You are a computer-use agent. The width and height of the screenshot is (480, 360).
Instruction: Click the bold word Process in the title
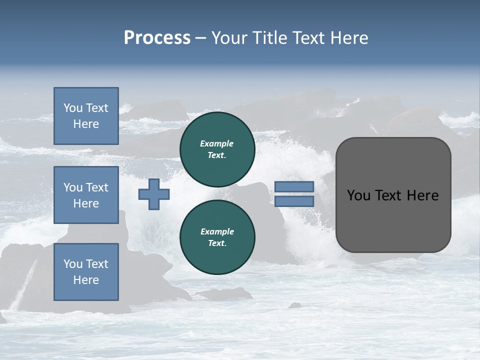tap(157, 38)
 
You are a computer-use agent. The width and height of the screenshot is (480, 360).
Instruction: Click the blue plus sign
tap(154, 194)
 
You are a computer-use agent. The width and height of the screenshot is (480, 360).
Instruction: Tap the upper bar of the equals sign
tap(294, 186)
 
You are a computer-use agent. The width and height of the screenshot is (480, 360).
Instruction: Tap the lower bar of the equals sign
tap(294, 201)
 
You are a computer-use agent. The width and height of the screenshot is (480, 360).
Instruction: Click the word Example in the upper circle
tap(217, 143)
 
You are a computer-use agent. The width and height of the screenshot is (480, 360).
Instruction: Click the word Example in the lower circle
tap(217, 231)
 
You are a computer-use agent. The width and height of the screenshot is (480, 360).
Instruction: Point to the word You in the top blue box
tap(73, 108)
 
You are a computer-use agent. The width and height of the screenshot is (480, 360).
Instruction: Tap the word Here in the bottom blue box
tap(86, 280)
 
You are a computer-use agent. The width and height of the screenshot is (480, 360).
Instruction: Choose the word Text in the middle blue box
tap(97, 187)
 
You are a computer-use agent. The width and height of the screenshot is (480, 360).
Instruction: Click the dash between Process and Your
tap(200, 38)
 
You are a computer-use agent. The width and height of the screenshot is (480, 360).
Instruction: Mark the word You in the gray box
tap(358, 195)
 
